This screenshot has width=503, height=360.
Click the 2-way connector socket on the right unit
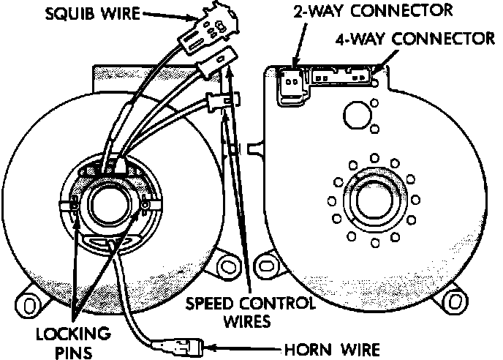pyautogui.click(x=292, y=83)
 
